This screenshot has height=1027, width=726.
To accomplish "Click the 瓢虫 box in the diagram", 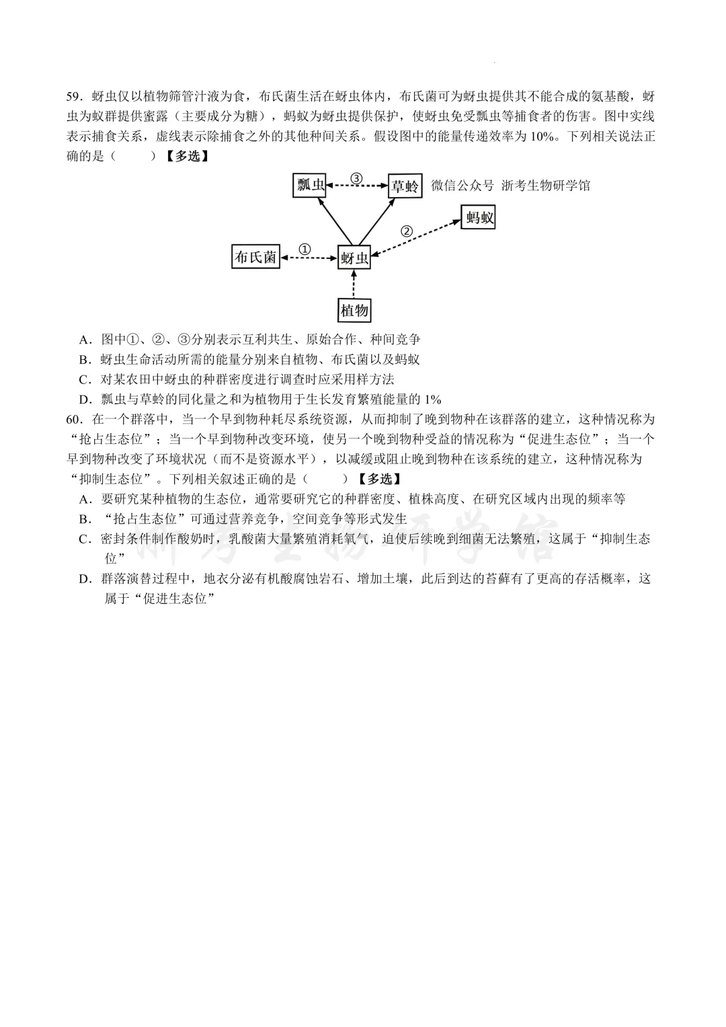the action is coord(311,185).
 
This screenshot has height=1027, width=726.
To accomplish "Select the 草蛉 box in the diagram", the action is coord(405,186).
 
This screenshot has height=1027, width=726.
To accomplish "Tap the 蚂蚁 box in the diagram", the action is coord(479,217).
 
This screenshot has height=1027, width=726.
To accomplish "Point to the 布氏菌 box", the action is coord(255,257).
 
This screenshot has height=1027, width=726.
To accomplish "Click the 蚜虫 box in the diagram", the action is coord(354,258).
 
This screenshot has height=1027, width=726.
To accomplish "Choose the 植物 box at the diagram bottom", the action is coord(354,310).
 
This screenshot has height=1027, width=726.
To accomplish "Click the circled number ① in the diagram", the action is coord(305,249).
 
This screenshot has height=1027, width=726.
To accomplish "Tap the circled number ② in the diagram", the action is coord(406,231).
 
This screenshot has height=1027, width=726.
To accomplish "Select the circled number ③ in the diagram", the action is coord(356,178).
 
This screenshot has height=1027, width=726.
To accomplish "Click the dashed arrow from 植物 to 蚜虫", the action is coord(354,284).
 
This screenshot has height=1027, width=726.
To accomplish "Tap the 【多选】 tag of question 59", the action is coord(186,157).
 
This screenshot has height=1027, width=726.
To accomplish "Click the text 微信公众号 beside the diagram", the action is coord(462,186).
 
